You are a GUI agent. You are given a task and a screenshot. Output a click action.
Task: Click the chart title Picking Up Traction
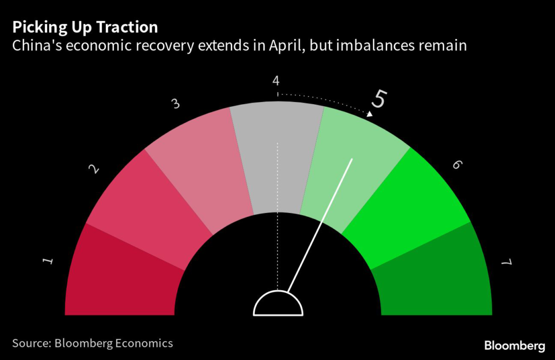pos(85,27)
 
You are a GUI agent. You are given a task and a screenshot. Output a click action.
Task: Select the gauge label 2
pos(94,170)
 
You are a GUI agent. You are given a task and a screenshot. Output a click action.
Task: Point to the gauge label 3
pos(176,104)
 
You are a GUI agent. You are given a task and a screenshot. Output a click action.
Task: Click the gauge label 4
pos(276,81)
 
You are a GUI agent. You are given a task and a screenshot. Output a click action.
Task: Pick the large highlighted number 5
pos(379,100)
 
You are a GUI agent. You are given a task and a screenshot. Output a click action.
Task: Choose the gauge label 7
pos(506,262)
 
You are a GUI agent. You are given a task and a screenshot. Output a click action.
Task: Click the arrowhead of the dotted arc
pos(370,114)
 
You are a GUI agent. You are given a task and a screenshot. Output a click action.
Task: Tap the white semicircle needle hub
pos(277,305)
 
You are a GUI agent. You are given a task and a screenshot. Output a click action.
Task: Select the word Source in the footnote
pos(31,343)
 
